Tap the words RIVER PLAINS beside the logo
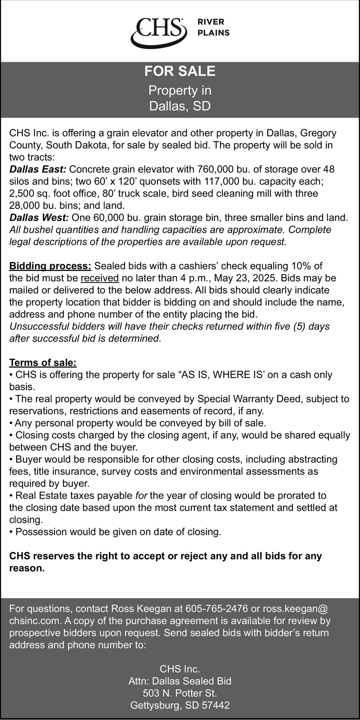pos(214,27)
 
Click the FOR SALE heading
pos(180,71)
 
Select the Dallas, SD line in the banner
pos(180,106)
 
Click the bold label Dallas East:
pos(38,169)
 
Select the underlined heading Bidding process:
pos(50,266)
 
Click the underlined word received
pos(100,278)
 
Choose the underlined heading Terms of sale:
pos(43,363)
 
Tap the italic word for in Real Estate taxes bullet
pos(141,496)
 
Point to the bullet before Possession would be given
pos(12,532)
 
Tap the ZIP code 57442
pos(215,705)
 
